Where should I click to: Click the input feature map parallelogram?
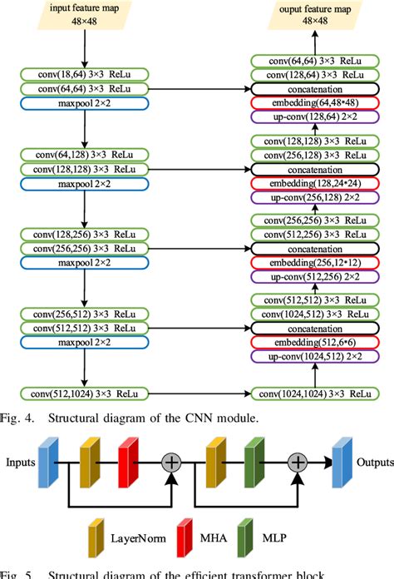click(86, 16)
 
